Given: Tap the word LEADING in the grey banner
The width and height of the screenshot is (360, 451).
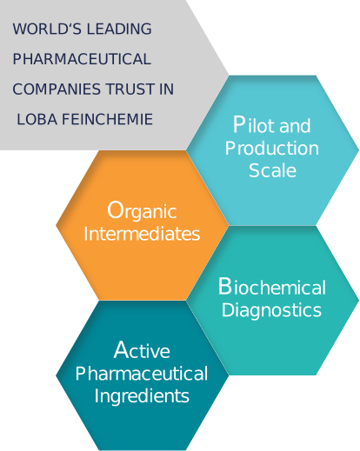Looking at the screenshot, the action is pos(119,29).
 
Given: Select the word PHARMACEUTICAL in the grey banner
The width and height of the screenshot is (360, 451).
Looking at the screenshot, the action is pos(82,59).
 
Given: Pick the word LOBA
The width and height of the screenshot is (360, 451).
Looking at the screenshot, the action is pos(37,119).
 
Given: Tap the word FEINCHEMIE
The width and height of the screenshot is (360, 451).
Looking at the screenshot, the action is pos(107,119).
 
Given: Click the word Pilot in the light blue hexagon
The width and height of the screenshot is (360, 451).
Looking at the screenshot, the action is pos(254,124).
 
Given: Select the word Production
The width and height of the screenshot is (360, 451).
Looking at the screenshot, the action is pos(272,148).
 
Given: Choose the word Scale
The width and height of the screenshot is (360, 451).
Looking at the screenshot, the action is pos(272,170).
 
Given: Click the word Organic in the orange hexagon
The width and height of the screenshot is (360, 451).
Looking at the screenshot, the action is pos(142,210).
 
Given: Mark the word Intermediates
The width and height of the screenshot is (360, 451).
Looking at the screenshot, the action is pos(142,234).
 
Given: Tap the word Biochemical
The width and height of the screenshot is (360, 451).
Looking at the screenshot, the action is pos(272,287).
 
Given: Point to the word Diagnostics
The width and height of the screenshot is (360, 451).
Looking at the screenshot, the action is pos(271,310).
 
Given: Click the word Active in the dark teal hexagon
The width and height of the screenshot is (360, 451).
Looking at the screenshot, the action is pos(142,349).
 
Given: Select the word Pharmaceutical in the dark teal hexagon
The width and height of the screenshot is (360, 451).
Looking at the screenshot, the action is pos(142,373).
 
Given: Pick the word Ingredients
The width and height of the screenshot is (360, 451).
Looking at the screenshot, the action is pos(142,396).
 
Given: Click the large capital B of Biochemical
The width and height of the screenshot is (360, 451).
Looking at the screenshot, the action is pos(225,286).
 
